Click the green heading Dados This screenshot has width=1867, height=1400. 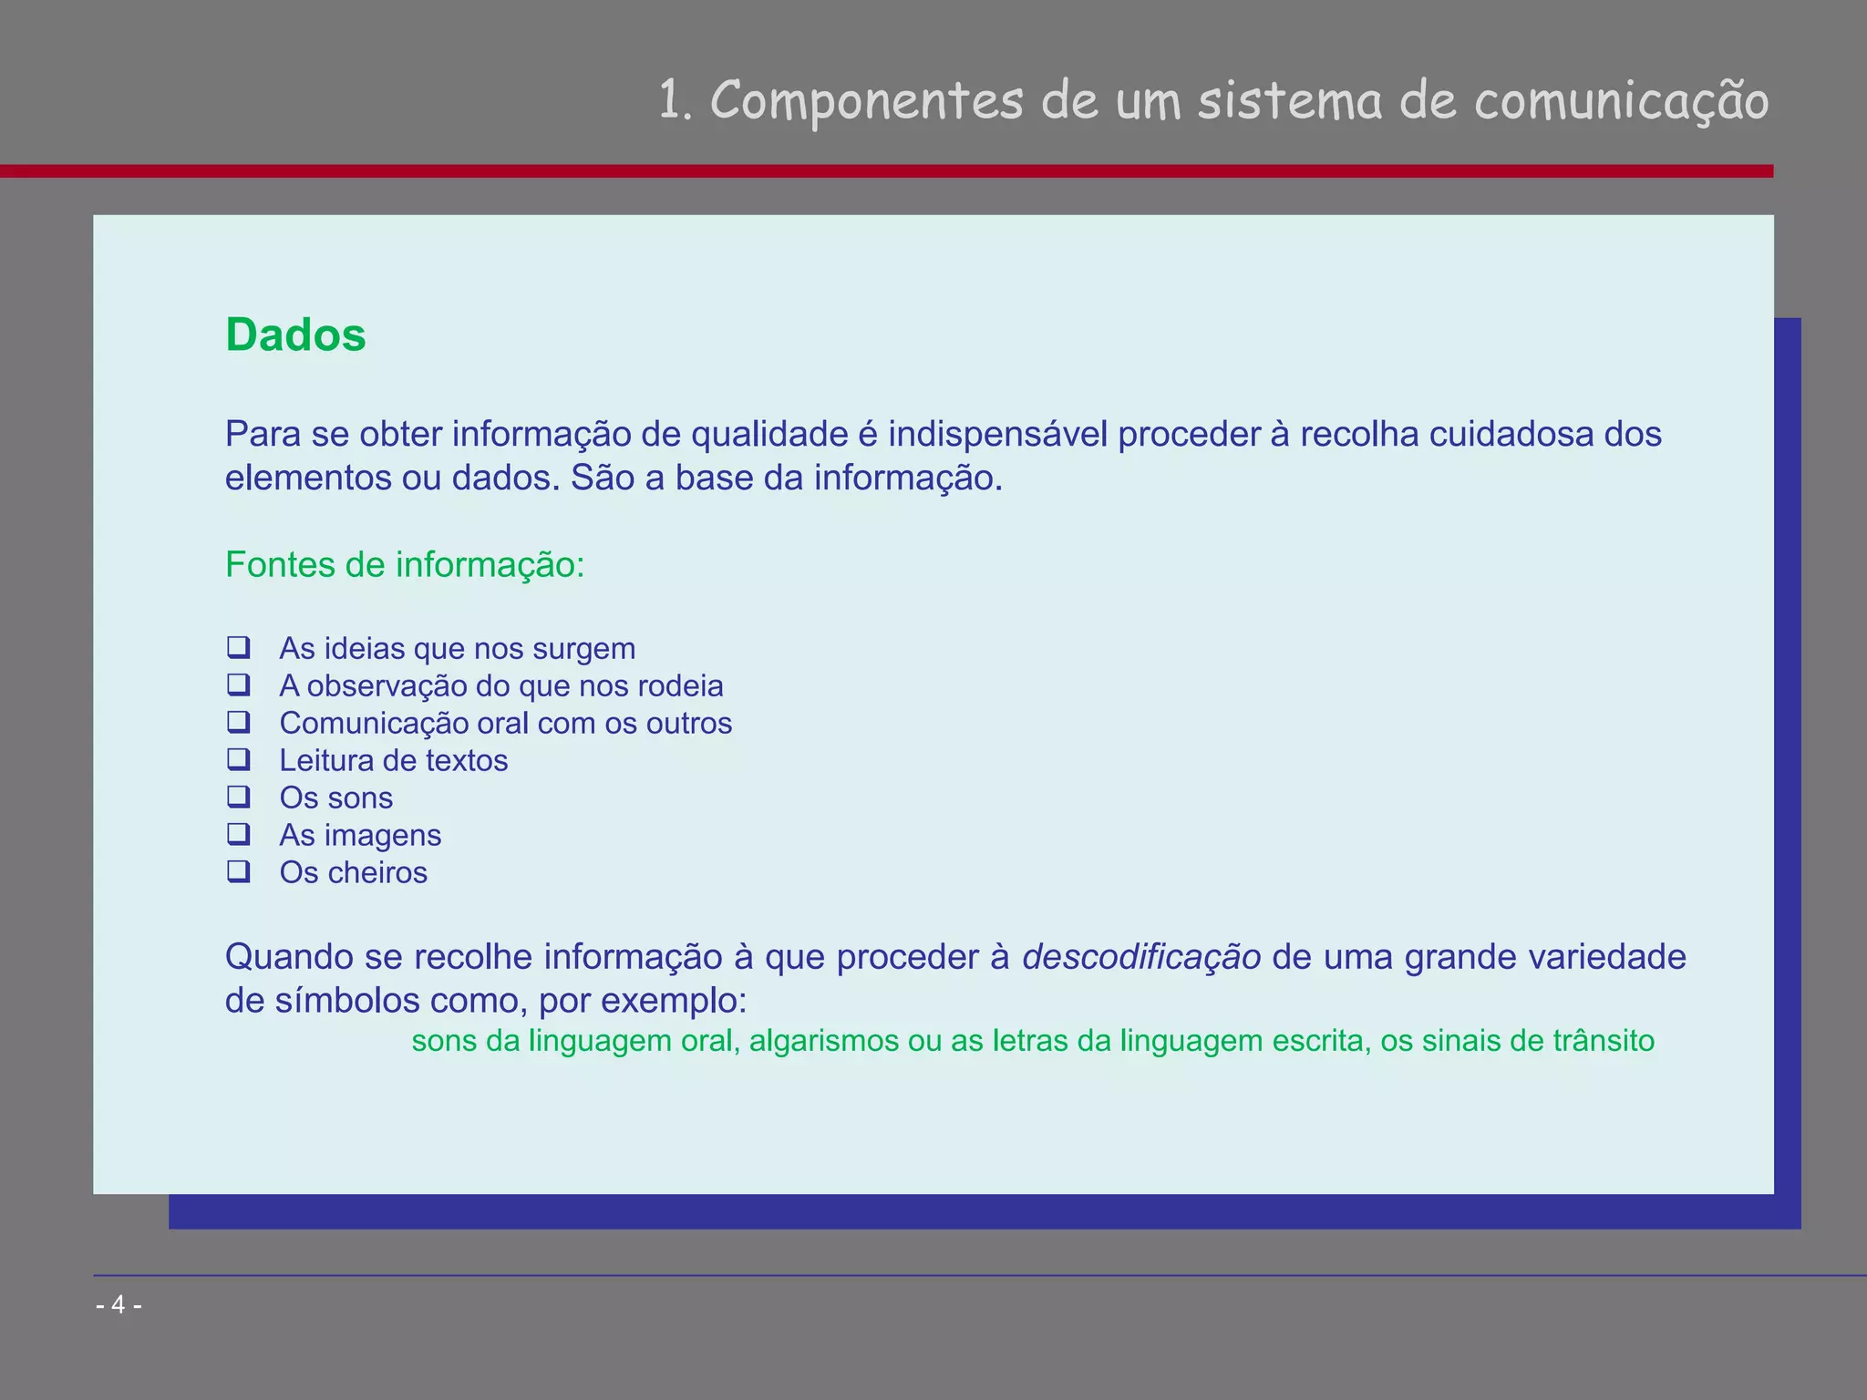coord(295,335)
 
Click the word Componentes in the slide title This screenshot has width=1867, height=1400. coord(866,100)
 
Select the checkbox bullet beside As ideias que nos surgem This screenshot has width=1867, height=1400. coord(239,647)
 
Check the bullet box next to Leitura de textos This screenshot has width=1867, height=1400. coord(239,759)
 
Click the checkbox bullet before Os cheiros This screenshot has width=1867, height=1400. coord(239,871)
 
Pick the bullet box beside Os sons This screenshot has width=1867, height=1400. coord(239,797)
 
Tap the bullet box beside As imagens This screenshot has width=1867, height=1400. coord(239,834)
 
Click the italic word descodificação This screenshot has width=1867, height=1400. coord(1141,957)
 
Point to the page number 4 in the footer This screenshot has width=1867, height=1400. coord(119,1305)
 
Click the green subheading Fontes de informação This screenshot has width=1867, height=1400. coord(404,565)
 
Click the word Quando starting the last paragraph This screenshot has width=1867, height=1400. coord(289,957)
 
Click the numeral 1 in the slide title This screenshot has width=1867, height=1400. coord(670,100)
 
